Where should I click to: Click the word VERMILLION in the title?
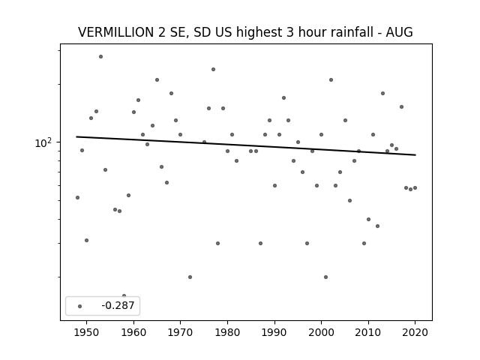116,32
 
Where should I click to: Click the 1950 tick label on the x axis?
87,332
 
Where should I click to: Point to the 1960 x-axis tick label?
133,332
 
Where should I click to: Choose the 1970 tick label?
180,332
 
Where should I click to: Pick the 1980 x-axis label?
227,332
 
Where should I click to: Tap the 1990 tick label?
274,332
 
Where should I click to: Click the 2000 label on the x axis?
322,332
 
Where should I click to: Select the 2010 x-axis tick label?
368,332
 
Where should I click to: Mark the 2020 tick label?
415,332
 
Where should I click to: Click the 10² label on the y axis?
43,142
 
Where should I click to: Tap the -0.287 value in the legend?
118,305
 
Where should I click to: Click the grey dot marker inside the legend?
80,306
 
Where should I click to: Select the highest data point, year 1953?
100,57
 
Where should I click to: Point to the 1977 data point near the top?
213,70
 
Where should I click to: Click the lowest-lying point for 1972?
190,277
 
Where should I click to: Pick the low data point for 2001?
325,277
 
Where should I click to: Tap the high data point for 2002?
331,80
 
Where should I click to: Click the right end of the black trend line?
415,155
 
